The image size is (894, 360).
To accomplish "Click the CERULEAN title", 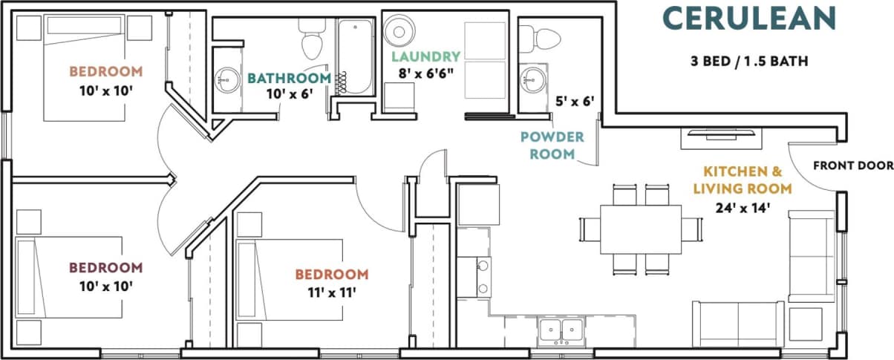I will (x=749, y=18).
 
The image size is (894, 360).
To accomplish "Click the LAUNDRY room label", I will (x=425, y=56).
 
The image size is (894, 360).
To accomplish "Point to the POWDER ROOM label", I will (x=552, y=145).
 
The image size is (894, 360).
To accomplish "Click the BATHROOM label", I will (x=289, y=78).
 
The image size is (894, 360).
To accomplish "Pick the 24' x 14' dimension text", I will (x=743, y=209).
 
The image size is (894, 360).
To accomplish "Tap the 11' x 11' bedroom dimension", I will (x=331, y=292).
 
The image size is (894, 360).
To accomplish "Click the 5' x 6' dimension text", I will (x=575, y=100).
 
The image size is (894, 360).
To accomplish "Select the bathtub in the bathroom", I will (x=354, y=58).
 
